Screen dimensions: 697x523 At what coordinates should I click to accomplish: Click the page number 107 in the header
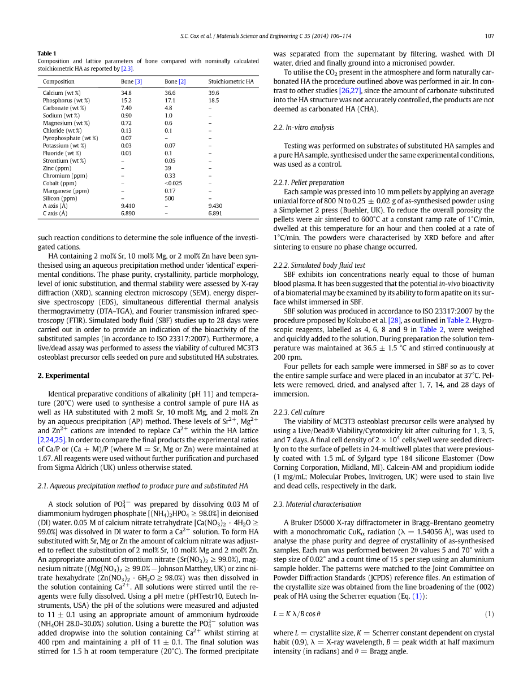(489, 36)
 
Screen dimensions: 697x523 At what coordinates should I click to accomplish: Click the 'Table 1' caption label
(47, 54)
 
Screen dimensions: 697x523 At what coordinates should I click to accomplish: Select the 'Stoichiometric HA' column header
(231, 82)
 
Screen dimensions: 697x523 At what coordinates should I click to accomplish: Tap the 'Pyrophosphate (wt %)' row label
(70, 138)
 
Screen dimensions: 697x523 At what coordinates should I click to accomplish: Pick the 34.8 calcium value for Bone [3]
(126, 93)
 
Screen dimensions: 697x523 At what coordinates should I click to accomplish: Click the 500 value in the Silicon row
(170, 198)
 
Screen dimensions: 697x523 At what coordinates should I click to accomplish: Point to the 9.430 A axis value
(215, 206)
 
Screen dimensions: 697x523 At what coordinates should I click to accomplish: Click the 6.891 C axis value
(215, 214)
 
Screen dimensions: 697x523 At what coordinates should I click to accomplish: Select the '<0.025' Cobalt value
(172, 183)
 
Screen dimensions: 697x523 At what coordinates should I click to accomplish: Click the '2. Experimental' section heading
(63, 376)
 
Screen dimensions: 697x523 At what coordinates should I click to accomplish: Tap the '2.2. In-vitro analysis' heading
(303, 128)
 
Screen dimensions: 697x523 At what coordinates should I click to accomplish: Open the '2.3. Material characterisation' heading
(317, 504)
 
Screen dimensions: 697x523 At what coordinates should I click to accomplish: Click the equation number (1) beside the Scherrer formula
(489, 614)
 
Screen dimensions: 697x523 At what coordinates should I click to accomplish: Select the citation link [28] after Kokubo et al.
(394, 320)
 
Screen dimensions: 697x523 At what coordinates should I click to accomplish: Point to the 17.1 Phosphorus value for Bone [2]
(170, 100)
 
